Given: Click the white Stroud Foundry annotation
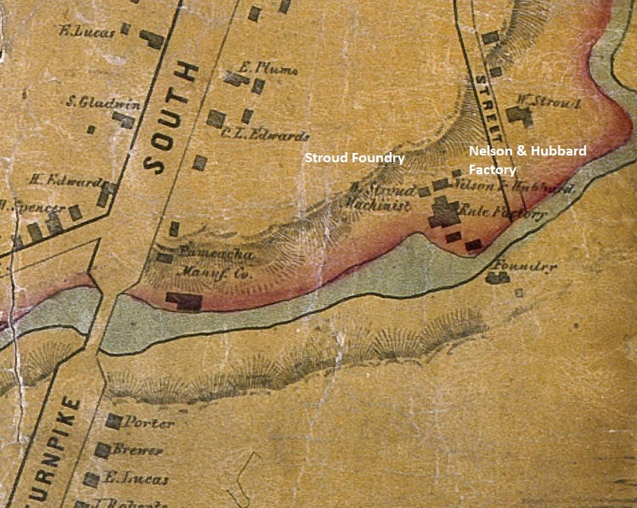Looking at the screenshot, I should (x=354, y=159).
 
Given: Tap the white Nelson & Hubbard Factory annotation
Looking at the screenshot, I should (x=527, y=159).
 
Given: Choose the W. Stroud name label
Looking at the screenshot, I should (x=556, y=101).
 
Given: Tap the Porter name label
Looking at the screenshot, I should (x=149, y=422).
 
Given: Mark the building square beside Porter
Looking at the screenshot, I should (x=113, y=421).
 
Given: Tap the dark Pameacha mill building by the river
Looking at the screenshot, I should (x=184, y=300).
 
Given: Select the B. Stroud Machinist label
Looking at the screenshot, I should (x=381, y=196).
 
